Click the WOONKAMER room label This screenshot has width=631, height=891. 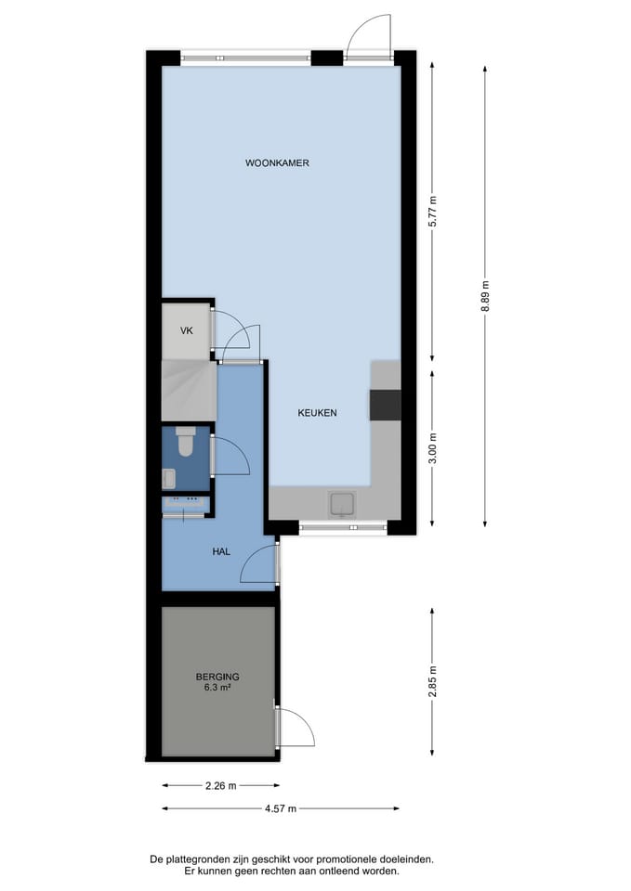coord(277,163)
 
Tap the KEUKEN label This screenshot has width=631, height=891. coord(317,413)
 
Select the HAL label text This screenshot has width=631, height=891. coord(221,551)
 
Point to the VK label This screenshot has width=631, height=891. coord(187,330)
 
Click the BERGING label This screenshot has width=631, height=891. coord(217,677)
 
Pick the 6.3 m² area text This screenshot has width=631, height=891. coord(217,687)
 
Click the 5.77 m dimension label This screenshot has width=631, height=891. coord(433,212)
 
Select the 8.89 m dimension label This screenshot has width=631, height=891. coord(485,296)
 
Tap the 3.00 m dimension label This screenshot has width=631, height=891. coord(433,448)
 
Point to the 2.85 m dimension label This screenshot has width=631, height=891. coord(433,682)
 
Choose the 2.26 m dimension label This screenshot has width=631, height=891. coord(221,786)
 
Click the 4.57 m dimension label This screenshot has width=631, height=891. coord(281,808)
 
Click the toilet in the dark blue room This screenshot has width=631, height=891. coord(186,441)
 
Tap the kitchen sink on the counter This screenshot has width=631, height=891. coord(343,505)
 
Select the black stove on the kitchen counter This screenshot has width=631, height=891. coord(386,405)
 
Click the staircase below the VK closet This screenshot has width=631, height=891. coord(189,391)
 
